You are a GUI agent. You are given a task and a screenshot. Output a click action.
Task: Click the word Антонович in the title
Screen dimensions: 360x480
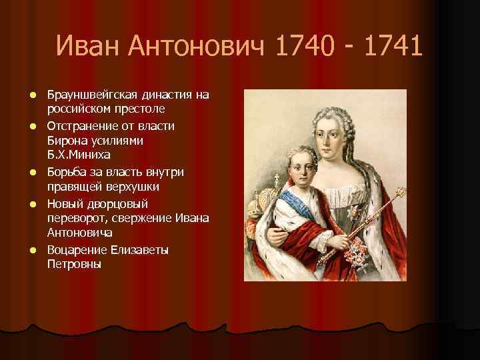197,47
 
